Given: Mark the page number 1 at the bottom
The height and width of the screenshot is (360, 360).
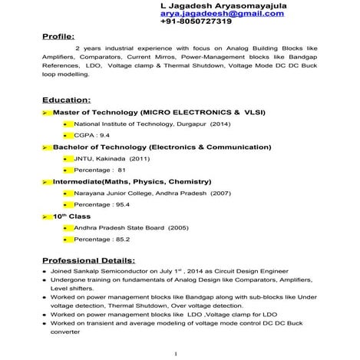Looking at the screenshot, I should pyautogui.click(x=176, y=353).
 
